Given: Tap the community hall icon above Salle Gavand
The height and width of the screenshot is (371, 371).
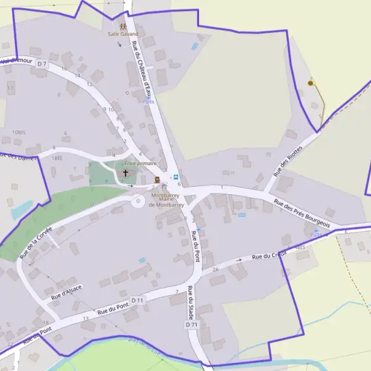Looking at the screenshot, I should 124,27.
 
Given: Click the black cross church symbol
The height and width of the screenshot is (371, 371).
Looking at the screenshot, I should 126,173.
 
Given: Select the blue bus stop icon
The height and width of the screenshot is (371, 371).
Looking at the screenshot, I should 176,177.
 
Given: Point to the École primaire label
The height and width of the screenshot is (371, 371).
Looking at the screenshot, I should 140,163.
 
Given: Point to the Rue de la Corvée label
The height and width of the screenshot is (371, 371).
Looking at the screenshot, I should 36,241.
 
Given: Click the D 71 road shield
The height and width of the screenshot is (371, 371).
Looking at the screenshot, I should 191,325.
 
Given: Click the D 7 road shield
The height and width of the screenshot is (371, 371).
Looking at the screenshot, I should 42,64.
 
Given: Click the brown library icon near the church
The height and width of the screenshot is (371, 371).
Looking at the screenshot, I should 157,179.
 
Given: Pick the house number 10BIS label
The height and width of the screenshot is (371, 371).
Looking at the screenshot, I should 19,132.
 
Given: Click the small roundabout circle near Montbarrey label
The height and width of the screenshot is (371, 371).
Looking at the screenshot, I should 137,201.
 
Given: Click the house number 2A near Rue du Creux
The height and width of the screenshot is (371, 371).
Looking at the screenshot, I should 215,270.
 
